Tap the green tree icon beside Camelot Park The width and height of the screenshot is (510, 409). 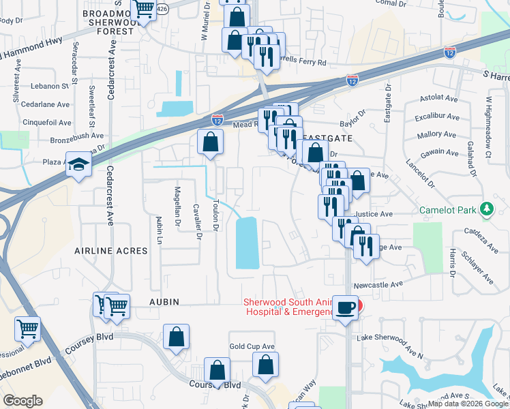(487, 209)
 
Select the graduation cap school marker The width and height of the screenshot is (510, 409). (79, 165)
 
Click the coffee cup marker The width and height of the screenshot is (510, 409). (345, 308)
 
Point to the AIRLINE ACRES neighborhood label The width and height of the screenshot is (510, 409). (112, 251)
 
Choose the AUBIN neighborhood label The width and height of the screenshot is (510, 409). (164, 301)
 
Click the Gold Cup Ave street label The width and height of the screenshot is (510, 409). (252, 346)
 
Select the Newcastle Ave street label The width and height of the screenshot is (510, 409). (388, 284)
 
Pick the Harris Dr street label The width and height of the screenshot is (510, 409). (452, 262)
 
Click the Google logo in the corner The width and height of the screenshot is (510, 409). (23, 400)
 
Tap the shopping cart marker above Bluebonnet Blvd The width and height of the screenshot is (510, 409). (27, 330)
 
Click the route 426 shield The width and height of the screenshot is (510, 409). (162, 9)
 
